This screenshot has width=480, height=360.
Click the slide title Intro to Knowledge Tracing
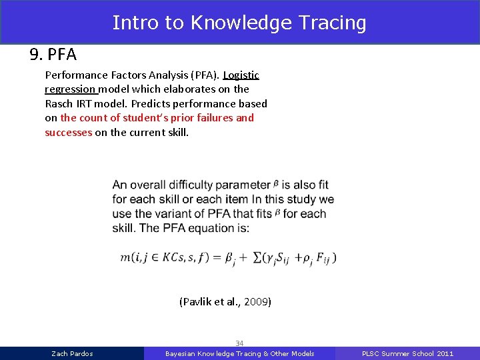tap(239, 23)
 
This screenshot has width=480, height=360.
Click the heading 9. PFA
tap(53, 54)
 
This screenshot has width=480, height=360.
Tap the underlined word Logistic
tap(241, 75)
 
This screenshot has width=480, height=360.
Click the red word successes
tap(68, 132)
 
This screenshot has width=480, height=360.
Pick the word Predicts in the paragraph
tap(151, 103)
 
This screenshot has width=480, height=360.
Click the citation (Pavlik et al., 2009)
tap(225, 302)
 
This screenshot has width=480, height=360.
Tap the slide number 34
tap(239, 343)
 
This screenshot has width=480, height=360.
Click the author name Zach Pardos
tap(72, 353)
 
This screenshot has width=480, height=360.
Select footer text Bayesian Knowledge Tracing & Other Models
tap(239, 353)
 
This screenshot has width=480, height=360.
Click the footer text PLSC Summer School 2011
tap(407, 353)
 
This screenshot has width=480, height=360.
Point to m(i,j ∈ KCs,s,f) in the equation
tap(163, 257)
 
